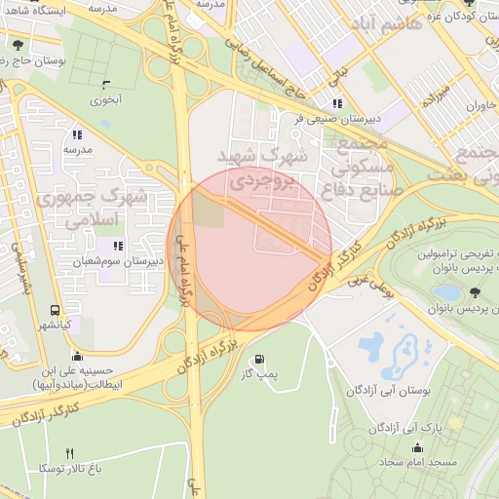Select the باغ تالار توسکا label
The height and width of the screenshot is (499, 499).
[71, 469]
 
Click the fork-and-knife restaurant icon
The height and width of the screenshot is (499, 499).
[69, 453]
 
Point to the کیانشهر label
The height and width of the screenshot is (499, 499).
[58, 326]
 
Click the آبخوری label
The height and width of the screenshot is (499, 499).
[106, 98]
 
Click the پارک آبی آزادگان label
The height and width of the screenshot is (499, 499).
[412, 427]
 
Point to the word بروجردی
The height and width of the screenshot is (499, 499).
[260, 181]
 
